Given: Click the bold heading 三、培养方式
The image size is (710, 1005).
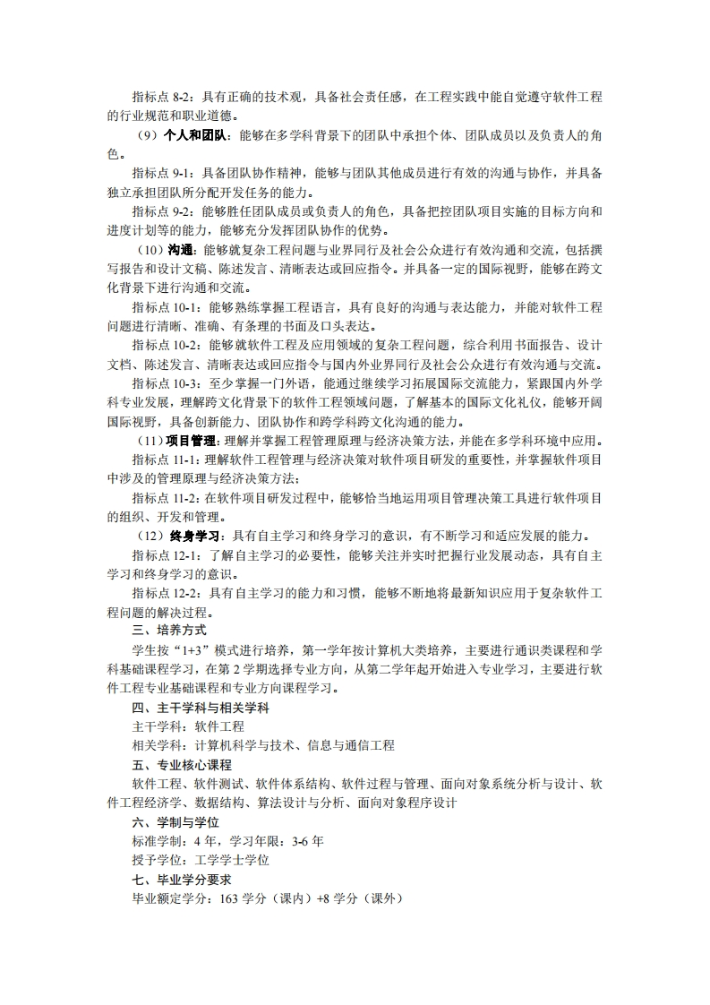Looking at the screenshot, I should pyautogui.click(x=169, y=631).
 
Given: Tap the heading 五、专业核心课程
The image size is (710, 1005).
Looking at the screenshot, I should pyautogui.click(x=182, y=765).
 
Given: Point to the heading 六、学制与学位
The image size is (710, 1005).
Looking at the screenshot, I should pyautogui.click(x=175, y=822).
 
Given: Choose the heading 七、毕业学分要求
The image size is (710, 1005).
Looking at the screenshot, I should pyautogui.click(x=182, y=880).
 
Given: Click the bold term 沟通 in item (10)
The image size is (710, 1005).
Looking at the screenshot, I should pyautogui.click(x=181, y=250).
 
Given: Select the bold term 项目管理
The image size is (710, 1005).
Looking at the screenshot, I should pyautogui.click(x=192, y=440).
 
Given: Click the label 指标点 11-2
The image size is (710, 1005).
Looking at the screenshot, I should pyautogui.click(x=167, y=497).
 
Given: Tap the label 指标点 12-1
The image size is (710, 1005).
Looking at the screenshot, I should pyautogui.click(x=167, y=555).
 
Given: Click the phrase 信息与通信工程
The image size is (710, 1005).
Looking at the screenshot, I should pyautogui.click(x=351, y=745).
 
